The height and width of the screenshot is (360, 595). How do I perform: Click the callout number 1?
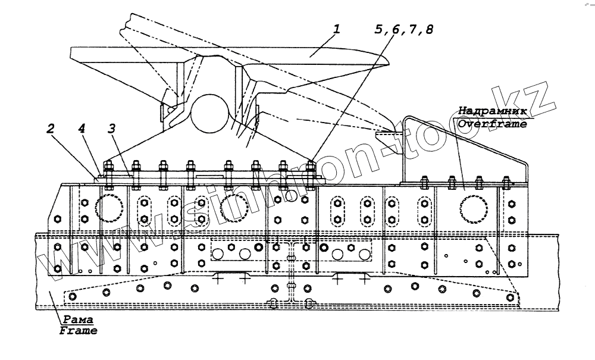point(336,29)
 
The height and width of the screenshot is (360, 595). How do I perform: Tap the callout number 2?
point(51,129)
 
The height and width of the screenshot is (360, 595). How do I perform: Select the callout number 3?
point(111,129)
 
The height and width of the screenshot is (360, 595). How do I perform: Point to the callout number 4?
point(81,129)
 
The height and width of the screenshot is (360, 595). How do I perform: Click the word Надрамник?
point(492,111)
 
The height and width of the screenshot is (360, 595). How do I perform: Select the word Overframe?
point(492,124)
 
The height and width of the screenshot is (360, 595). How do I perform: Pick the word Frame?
point(78,331)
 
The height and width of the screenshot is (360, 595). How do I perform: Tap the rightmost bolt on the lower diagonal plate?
point(511,296)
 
